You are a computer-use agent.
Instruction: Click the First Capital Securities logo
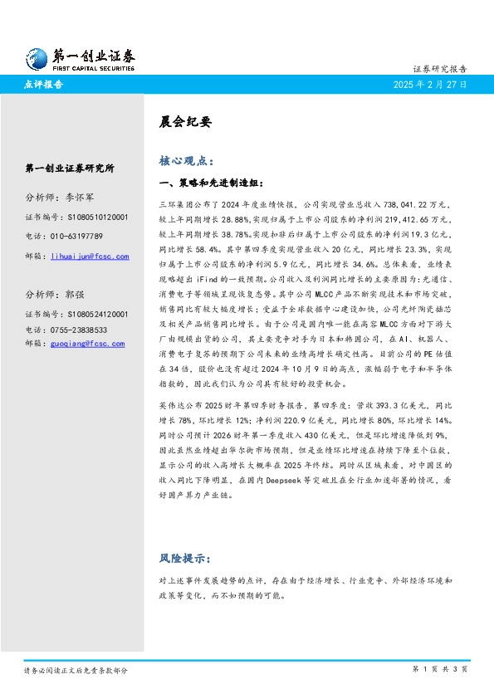[x=79, y=58]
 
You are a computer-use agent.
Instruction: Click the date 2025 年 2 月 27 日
[x=432, y=85]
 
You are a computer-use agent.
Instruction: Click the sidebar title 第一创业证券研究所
[x=70, y=168]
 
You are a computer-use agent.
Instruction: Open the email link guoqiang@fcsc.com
[x=87, y=343]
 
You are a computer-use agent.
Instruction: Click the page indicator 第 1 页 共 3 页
[x=440, y=668]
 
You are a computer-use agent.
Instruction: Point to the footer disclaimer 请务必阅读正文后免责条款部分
[x=76, y=669]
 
